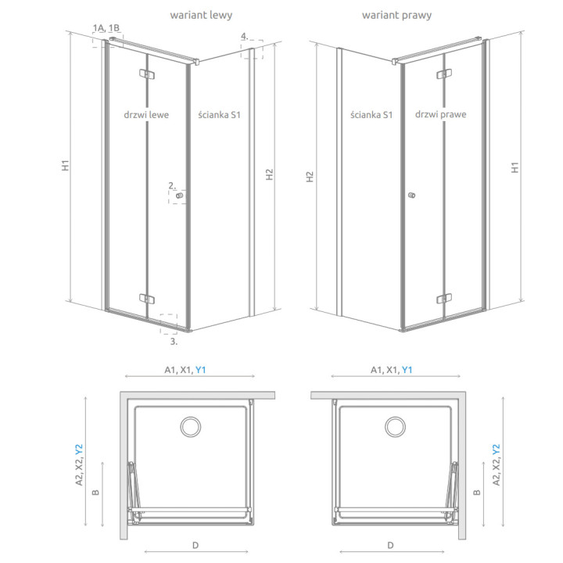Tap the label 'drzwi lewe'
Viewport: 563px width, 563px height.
coord(146,115)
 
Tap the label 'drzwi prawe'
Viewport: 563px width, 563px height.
coord(441,115)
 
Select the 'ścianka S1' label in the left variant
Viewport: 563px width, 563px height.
coord(220,115)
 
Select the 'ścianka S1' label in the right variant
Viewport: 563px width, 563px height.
coord(371,115)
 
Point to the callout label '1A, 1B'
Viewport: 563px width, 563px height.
coord(106,28)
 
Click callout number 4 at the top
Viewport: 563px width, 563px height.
coord(245,36)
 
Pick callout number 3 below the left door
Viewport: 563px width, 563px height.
coord(174,341)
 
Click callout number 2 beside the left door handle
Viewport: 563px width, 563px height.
coord(171,185)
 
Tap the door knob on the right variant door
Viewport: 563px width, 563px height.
coord(411,196)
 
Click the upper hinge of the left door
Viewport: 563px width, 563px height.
coord(147,75)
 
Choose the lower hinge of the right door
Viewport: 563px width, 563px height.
coord(443,297)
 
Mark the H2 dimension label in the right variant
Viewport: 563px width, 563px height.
coord(310,177)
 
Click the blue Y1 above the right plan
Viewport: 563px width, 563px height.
coord(407,371)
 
